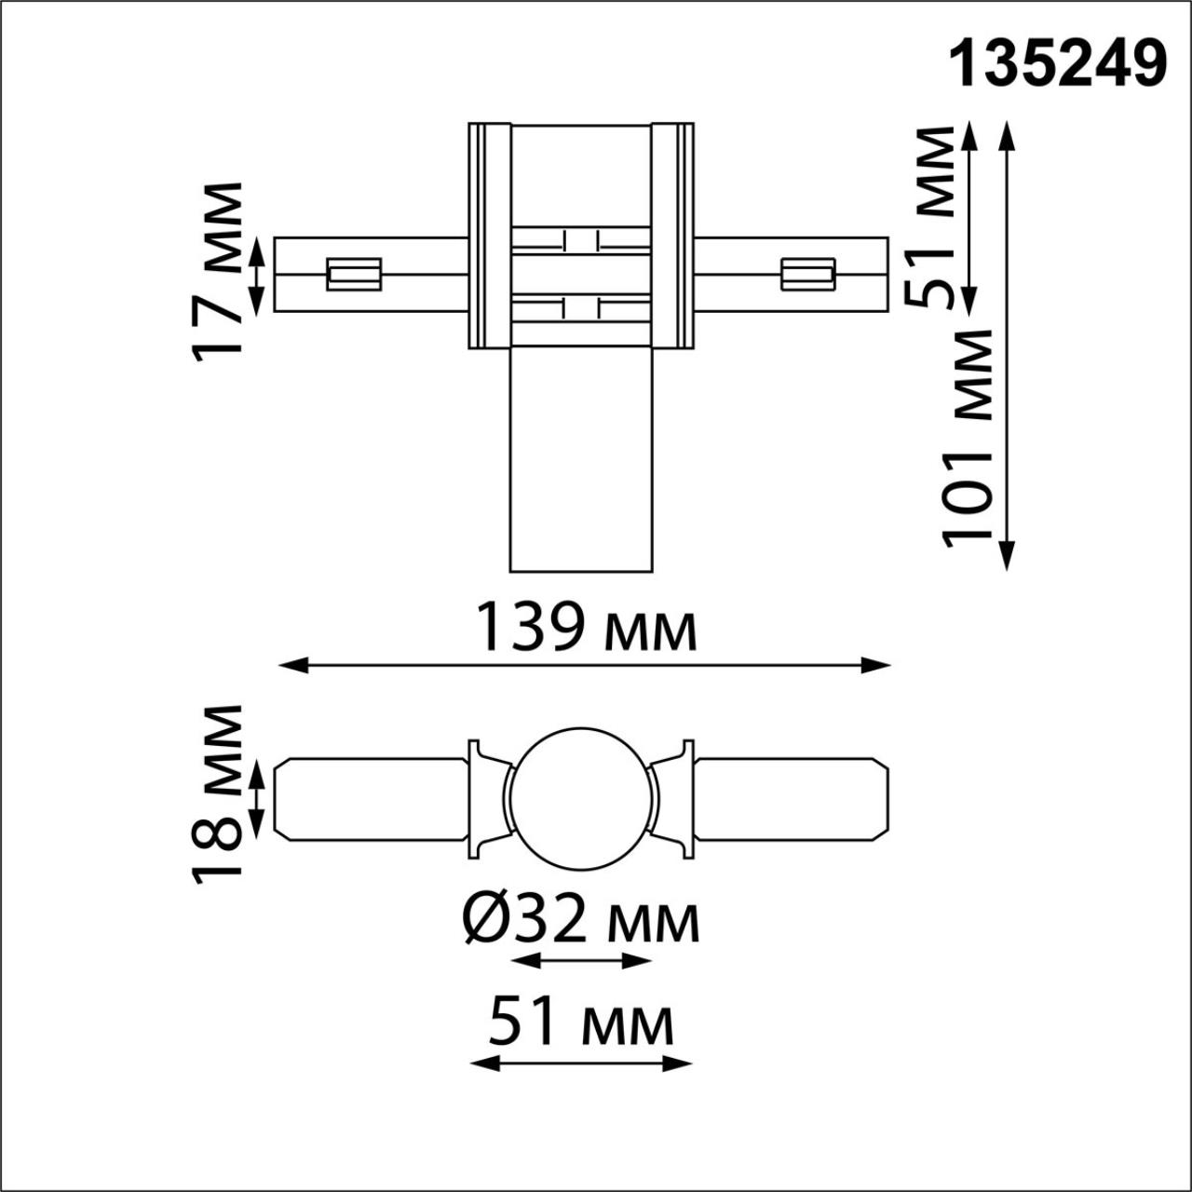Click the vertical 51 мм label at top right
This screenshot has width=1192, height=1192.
click(x=931, y=218)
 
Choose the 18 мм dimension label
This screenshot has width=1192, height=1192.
click(x=218, y=794)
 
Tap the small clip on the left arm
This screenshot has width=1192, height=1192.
click(x=354, y=274)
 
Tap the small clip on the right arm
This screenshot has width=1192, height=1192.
click(x=806, y=274)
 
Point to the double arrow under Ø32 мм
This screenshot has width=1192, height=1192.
click(x=581, y=961)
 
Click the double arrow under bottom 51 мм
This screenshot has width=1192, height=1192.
click(x=581, y=1063)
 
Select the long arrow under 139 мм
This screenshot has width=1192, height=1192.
click(x=585, y=665)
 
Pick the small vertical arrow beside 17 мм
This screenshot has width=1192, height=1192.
click(x=259, y=274)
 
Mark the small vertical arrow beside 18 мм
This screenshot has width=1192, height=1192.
click(x=259, y=798)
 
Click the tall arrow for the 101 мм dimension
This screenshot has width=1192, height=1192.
click(x=1007, y=345)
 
